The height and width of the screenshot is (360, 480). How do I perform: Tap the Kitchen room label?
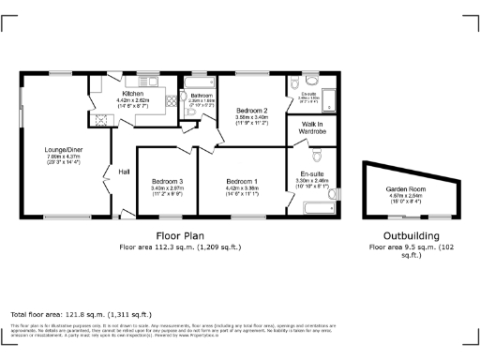130,95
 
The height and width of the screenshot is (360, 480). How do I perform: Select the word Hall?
123,172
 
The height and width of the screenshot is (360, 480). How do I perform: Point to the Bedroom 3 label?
167,181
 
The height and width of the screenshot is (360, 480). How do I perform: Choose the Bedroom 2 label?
252,110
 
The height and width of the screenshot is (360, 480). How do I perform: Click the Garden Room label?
405,189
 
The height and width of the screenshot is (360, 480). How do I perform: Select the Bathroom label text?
202,96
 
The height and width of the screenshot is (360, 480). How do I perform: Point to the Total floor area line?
80,314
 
